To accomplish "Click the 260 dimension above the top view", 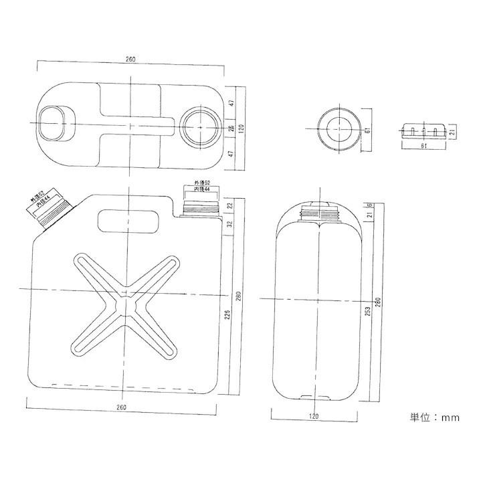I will click(x=130, y=60).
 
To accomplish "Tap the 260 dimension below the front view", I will click(x=121, y=407).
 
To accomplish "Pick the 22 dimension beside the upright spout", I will click(x=229, y=205).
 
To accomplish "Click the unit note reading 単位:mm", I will click(x=434, y=417).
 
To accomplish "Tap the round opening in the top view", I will click(x=199, y=125).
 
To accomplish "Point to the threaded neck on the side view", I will click(x=320, y=214).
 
